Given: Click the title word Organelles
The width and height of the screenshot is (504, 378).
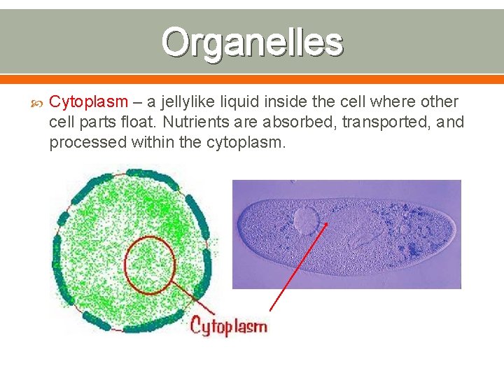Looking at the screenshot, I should pyautogui.click(x=252, y=42).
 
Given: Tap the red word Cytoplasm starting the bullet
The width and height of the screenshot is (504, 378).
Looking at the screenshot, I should pyautogui.click(x=88, y=102).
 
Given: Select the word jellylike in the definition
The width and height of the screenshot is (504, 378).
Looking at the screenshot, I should pyautogui.click(x=187, y=102).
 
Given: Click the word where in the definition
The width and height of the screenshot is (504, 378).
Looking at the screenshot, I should pyautogui.click(x=393, y=102).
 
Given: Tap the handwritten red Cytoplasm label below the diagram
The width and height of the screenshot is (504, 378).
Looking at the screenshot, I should pyautogui.click(x=229, y=326).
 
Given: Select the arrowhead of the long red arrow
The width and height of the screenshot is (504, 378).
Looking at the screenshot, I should pyautogui.click(x=326, y=225).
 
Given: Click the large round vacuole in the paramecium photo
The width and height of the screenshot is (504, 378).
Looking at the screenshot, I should pyautogui.click(x=306, y=220).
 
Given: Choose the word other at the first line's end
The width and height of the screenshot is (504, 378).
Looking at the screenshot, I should pyautogui.click(x=440, y=102).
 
